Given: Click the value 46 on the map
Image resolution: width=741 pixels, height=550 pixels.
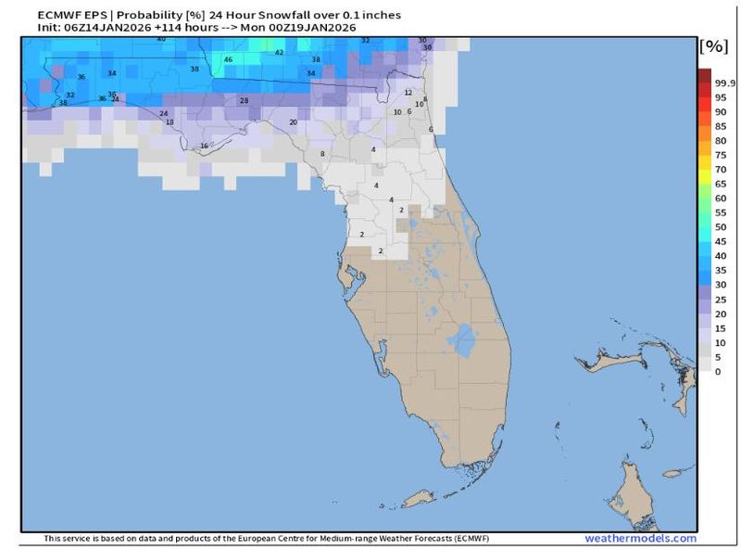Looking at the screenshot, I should [228, 59].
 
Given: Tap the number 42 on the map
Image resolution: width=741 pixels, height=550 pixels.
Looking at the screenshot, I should [279, 53].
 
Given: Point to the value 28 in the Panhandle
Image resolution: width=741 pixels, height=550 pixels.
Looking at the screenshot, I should [244, 100].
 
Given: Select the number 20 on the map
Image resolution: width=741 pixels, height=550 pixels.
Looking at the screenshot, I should [294, 122].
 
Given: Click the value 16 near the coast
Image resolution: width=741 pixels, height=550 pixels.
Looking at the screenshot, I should [205, 146].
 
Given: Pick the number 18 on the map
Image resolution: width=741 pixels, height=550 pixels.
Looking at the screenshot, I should [170, 122].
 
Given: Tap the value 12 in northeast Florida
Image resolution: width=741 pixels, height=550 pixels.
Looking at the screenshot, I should [408, 93].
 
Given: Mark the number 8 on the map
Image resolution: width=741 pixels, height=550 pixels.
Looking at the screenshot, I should [322, 154].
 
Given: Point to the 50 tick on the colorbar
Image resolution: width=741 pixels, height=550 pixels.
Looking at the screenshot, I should [720, 227].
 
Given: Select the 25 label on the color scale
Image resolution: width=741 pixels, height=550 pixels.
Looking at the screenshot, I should [720, 300].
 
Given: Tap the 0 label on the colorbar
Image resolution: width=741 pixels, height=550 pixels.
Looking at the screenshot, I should [717, 371].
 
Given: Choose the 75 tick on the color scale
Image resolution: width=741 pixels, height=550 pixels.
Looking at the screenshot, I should [720, 155].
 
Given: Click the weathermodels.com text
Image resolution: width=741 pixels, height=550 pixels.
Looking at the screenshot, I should [639, 539].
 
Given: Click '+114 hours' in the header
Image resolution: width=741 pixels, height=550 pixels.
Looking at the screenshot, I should [174, 28].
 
